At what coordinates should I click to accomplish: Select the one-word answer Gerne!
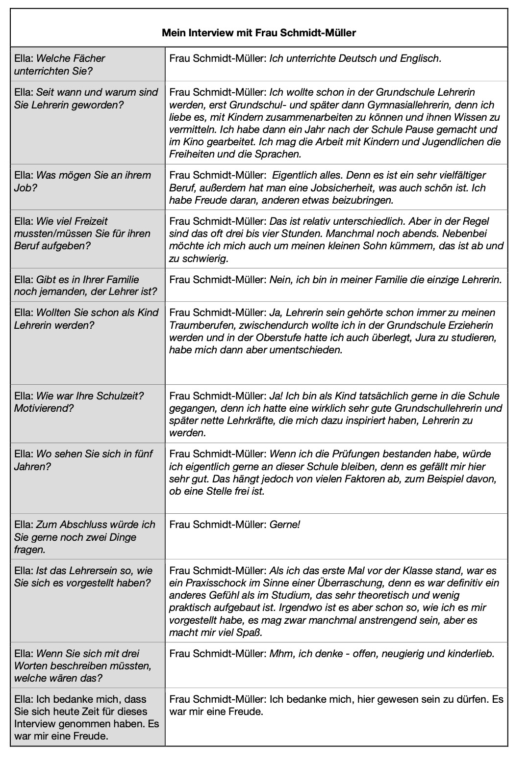pyautogui.click(x=285, y=525)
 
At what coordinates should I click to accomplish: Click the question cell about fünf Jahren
pyautogui.click(x=87, y=477)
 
